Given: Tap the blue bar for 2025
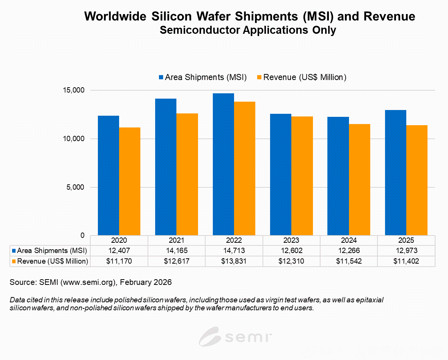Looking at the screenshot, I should click(x=396, y=173).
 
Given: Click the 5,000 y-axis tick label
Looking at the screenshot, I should click(x=74, y=187).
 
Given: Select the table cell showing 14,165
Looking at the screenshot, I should click(x=176, y=251).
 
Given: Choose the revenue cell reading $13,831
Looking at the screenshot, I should click(x=234, y=261).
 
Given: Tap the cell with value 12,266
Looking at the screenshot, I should click(x=349, y=251).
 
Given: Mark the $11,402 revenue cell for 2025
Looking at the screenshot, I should click(x=406, y=261).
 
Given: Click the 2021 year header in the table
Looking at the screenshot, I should click(x=176, y=240).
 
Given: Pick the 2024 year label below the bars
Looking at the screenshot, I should click(x=349, y=240).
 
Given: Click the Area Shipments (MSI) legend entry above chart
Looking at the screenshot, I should click(x=203, y=77).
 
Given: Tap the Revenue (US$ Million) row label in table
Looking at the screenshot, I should click(x=52, y=261).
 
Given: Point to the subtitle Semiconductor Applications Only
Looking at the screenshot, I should click(x=248, y=30).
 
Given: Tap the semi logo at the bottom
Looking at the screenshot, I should click(x=236, y=336).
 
